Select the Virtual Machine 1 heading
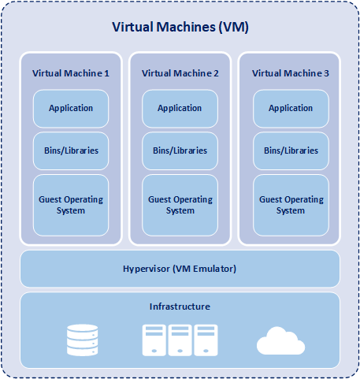coord(70,72)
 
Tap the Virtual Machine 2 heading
coord(180,72)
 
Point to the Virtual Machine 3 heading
coord(291,72)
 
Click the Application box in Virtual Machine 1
coord(70,109)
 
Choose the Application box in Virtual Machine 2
coord(180,109)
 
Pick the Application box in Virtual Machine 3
coord(291,109)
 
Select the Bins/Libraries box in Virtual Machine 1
coord(70,150)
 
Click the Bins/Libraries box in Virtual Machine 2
coord(180,150)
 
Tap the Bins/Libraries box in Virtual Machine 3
coord(291,150)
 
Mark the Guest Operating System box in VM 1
coord(70,205)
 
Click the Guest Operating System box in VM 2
coord(180,205)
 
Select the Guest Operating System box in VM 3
coord(291,205)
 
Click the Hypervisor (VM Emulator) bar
coord(180,269)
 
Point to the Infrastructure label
coord(180,306)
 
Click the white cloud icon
coord(280,341)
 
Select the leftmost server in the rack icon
coord(154,340)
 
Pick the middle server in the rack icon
coord(180,340)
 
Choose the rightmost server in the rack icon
coord(206,340)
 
